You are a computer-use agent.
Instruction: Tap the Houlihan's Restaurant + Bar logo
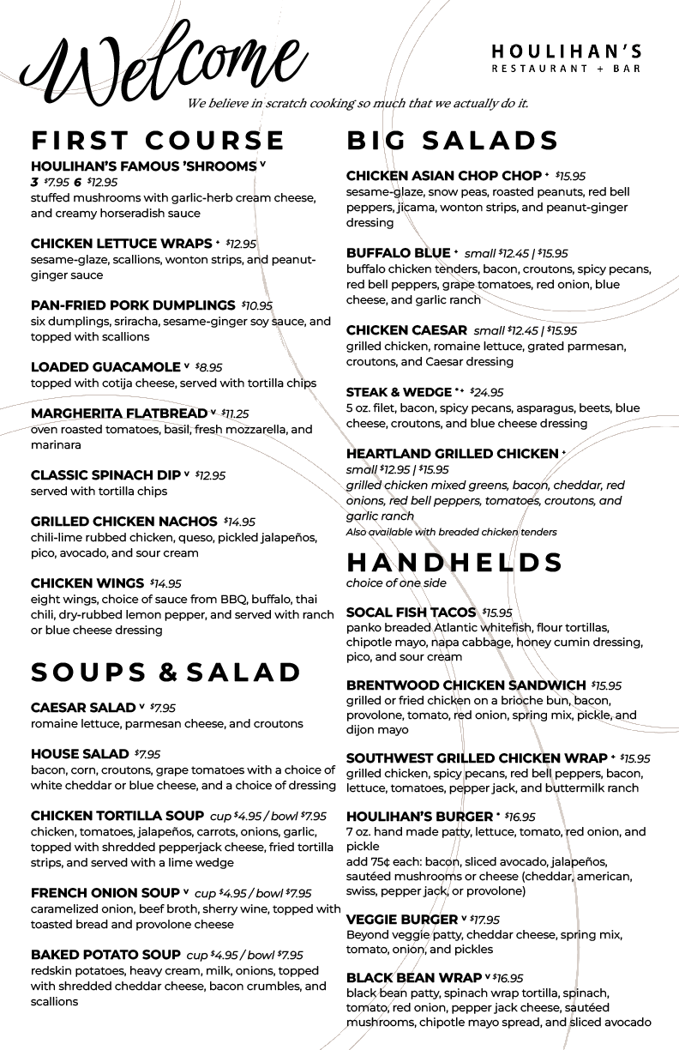pos(566,58)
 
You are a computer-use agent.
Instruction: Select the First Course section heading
pos(157,140)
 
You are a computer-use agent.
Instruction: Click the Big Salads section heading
pos(453,140)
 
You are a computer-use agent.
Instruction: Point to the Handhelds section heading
pos(454,562)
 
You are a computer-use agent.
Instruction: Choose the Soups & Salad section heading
pos(165,673)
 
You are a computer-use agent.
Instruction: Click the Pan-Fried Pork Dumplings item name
pos(133,305)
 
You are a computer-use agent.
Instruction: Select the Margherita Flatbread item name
pos(119,413)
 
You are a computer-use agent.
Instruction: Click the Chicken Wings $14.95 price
pos(165,584)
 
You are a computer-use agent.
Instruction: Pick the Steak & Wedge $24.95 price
pos(486,393)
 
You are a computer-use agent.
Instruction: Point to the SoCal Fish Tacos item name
pos(411,612)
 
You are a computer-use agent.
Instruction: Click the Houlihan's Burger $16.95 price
pos(520,817)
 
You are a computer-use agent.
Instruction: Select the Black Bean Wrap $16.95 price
pos(508,978)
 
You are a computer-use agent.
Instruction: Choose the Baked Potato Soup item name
pos(105,955)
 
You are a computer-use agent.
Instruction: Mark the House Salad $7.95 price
pos(147,755)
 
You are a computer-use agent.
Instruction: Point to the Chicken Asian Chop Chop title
pos(443,176)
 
